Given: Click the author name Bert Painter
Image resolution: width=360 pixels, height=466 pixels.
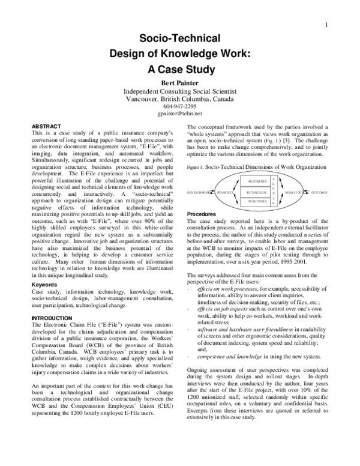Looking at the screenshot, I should tap(179, 83).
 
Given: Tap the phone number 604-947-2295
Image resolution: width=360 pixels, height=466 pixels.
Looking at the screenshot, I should tap(180, 106).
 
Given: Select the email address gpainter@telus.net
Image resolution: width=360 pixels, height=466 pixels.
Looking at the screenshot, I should tap(180, 113).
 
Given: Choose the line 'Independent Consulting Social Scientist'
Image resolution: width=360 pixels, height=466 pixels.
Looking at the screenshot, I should tap(179, 91).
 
